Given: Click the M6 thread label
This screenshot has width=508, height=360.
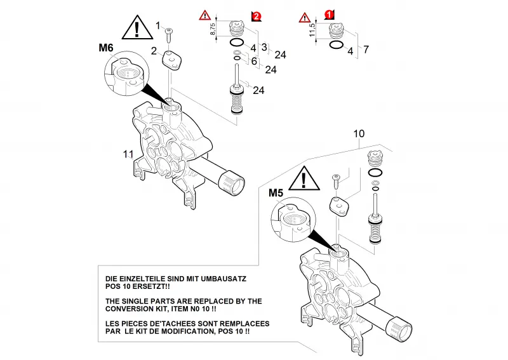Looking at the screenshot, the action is [x=106, y=48].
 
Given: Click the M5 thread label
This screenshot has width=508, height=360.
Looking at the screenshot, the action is [x=276, y=193].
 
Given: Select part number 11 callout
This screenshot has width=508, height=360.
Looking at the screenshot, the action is [x=128, y=154].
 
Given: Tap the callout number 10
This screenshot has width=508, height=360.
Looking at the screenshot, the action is [x=359, y=133].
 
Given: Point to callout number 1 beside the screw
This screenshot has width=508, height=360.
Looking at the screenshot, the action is [x=158, y=25].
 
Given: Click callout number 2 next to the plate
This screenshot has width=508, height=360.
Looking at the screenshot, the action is [x=154, y=51].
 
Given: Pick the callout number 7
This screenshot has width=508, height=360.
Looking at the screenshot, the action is [x=366, y=50].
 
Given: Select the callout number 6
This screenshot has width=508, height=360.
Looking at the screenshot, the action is [x=254, y=61].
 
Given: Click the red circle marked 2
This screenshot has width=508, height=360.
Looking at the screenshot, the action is [x=257, y=17].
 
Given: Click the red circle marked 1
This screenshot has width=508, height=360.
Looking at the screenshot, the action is [x=329, y=14].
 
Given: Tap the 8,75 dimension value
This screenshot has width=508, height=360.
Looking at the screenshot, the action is [x=213, y=29].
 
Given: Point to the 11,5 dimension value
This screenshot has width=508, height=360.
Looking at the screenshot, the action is [x=312, y=30].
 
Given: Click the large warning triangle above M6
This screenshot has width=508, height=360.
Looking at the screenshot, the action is [x=137, y=27].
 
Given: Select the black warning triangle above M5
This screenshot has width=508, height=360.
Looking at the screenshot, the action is [x=304, y=178].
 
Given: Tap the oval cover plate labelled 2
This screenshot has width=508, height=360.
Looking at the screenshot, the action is [x=171, y=60].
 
